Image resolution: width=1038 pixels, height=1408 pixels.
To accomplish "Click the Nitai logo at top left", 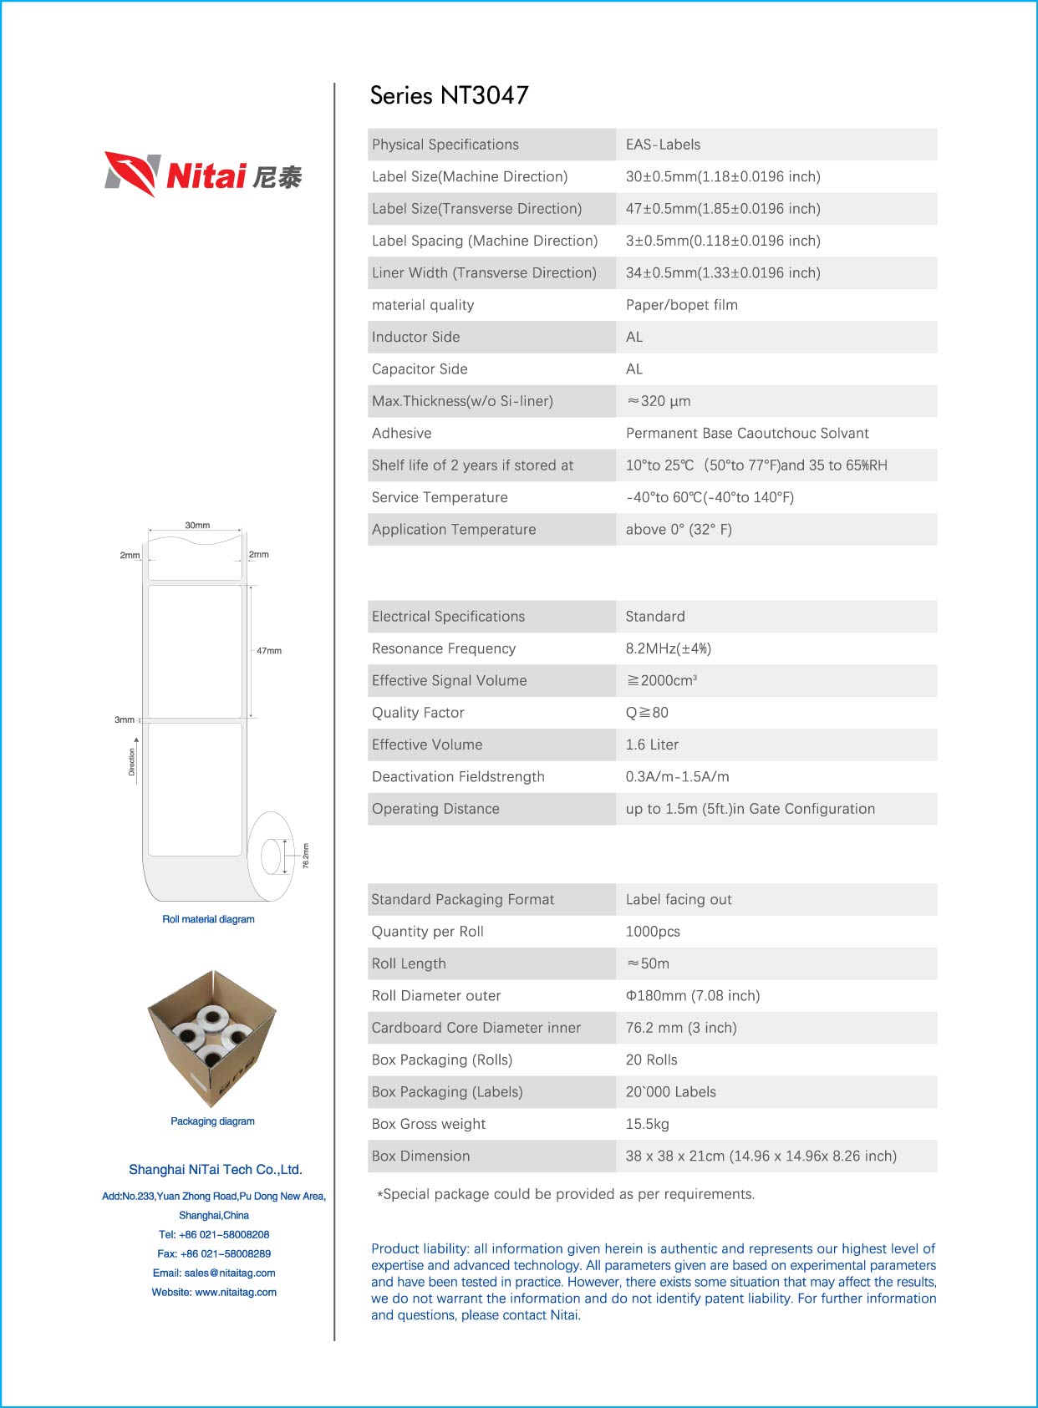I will pos(203,174).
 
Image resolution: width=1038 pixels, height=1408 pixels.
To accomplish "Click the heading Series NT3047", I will pos(449,95).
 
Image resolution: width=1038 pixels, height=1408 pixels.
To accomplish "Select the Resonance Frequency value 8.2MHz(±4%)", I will pos(668,648).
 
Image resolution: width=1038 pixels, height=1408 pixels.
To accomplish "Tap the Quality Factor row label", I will pos(418,713).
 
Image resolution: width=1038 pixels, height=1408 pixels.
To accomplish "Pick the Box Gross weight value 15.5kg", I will pos(647,1124).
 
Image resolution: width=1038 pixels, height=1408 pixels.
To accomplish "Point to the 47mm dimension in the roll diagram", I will pos(268,651).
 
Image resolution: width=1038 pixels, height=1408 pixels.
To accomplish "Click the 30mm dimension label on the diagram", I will pos(197,526).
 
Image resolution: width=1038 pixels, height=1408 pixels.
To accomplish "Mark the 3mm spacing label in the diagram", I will pos(124,719).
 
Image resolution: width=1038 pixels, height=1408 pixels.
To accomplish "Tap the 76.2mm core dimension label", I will pos(306,856).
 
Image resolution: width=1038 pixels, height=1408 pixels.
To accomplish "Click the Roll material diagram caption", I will pos(208,919).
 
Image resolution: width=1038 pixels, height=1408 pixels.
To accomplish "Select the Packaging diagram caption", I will pos(212,1121).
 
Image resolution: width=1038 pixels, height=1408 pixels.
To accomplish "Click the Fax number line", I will pos(214,1253).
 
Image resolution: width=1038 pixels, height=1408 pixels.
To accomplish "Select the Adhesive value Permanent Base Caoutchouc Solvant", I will pos(746,433).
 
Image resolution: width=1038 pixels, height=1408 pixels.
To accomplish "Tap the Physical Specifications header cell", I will pos(445,145).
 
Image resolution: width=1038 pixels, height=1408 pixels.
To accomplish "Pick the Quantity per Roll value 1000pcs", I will pos(653,932).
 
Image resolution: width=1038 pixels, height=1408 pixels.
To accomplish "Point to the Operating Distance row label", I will pos(435,809).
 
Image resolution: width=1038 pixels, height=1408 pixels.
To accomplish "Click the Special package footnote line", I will pos(566,1194).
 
